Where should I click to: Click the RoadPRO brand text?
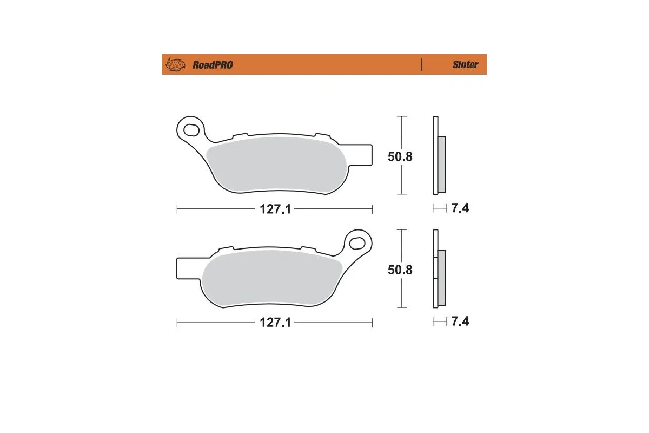click(x=213, y=65)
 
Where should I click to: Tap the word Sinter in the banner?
click(x=465, y=65)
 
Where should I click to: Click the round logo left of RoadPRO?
click(x=175, y=65)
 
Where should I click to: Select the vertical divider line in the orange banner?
click(x=421, y=64)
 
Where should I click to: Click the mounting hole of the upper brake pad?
click(x=191, y=130)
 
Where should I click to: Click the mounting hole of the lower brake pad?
click(x=357, y=241)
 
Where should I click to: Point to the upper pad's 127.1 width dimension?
click(x=275, y=209)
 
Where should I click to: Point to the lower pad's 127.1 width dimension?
click(x=275, y=323)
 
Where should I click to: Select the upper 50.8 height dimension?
click(x=400, y=157)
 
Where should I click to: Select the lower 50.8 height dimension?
click(x=400, y=270)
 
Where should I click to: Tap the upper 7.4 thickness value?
click(x=460, y=208)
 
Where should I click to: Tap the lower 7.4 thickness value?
click(x=460, y=321)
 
